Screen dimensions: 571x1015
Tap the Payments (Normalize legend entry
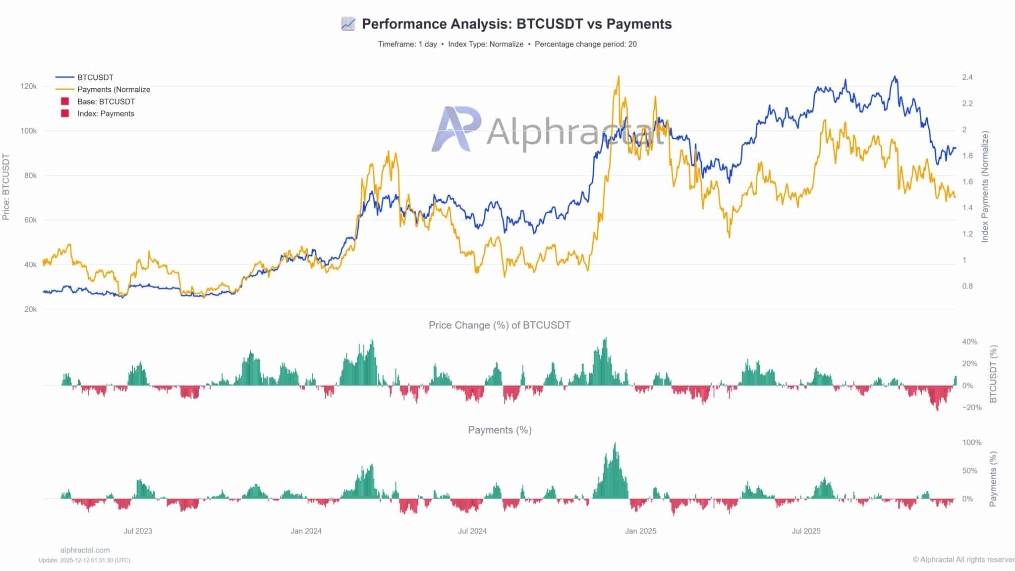tap(113, 90)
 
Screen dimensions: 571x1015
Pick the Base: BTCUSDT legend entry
tap(106, 102)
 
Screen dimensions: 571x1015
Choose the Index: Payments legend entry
tap(106, 114)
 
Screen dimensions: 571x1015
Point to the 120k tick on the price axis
tap(29, 86)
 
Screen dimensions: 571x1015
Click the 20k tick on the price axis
tap(30, 309)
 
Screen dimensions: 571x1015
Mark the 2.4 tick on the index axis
tap(967, 77)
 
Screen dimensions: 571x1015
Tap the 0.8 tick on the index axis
tap(967, 286)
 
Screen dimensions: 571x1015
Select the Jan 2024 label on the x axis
tap(306, 531)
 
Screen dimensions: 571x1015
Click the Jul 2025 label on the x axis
tap(806, 531)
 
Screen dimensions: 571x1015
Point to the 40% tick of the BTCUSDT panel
tap(969, 342)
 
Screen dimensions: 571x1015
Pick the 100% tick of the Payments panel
tap(971, 443)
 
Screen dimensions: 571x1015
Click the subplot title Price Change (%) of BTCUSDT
tap(500, 325)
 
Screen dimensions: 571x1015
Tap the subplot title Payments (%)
tap(500, 430)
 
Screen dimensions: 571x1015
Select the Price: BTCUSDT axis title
tap(6, 187)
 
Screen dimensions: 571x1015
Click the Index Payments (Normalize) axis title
tap(985, 187)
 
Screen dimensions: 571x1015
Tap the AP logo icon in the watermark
tap(455, 128)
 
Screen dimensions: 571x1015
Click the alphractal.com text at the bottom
tap(85, 550)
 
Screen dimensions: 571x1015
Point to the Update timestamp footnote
tap(85, 560)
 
